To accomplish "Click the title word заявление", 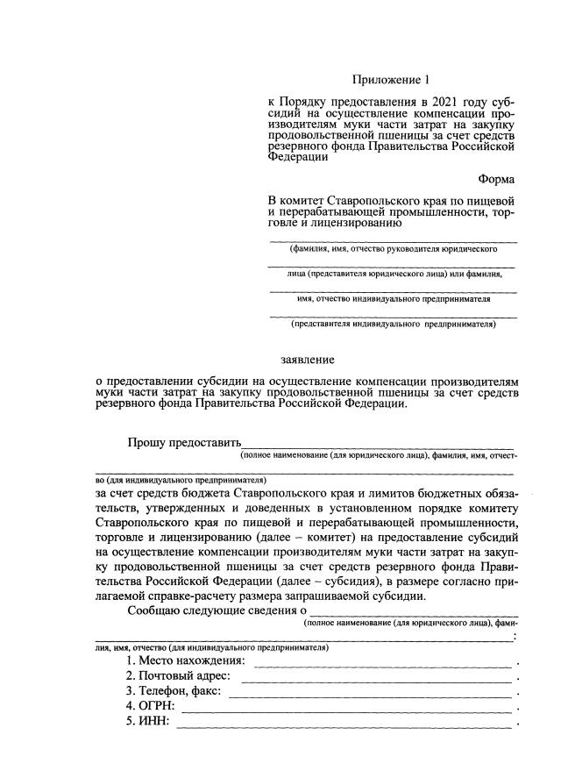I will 307,360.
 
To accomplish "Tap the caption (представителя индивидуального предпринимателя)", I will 393,323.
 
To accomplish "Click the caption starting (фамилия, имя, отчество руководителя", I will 393,249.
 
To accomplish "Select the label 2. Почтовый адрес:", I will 179,676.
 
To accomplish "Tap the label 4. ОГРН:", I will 151,706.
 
